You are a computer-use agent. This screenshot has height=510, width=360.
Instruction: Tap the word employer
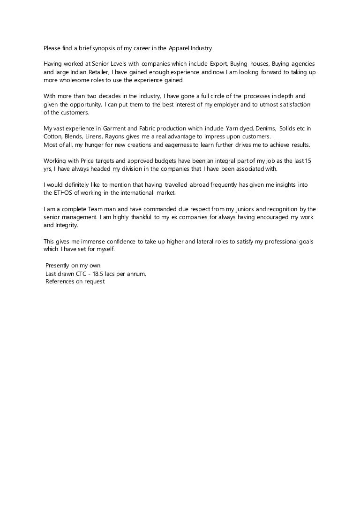(x=187, y=105)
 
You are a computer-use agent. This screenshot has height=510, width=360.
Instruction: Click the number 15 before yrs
(x=307, y=161)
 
